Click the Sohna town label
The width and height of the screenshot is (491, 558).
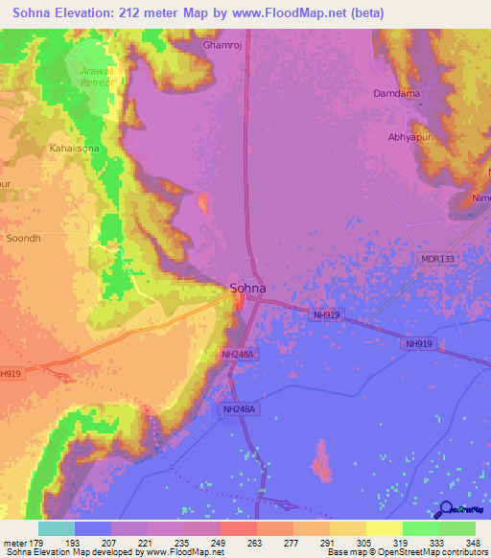tap(247, 288)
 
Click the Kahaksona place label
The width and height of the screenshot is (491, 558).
tap(73, 150)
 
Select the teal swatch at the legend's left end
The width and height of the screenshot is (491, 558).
tap(56, 528)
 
